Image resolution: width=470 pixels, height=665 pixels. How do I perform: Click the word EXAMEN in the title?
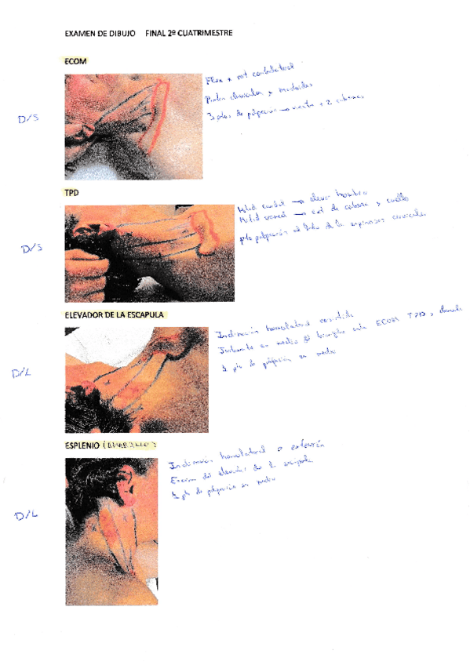79,34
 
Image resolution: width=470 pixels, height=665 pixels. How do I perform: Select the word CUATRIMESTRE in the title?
205,34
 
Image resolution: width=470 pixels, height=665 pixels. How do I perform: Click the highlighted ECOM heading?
75,61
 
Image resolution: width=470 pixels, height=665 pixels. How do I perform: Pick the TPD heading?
72,192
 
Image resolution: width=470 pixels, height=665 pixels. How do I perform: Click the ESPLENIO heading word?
82,445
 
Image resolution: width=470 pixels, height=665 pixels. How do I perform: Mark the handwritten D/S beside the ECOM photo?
29,119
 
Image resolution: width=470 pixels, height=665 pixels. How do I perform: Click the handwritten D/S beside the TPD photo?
31,249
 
